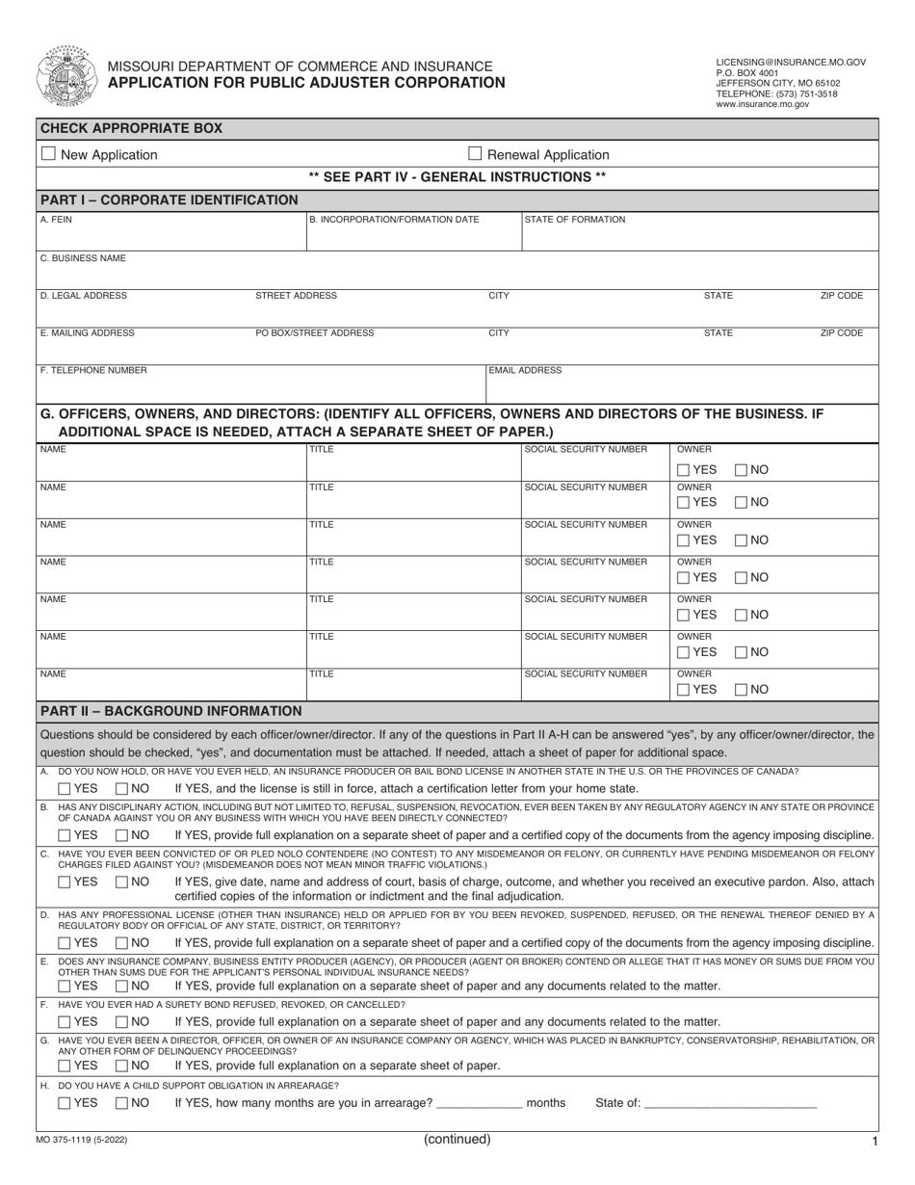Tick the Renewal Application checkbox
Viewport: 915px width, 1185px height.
(x=475, y=154)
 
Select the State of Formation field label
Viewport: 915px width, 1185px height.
(x=575, y=220)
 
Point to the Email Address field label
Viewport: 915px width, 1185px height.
(x=525, y=370)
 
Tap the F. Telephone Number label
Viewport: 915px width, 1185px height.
(x=93, y=370)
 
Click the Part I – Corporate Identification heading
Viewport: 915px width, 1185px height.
(x=170, y=199)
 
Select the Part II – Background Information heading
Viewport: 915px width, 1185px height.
(x=171, y=711)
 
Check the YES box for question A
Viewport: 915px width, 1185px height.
(x=65, y=789)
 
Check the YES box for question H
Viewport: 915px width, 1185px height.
(x=65, y=1103)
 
